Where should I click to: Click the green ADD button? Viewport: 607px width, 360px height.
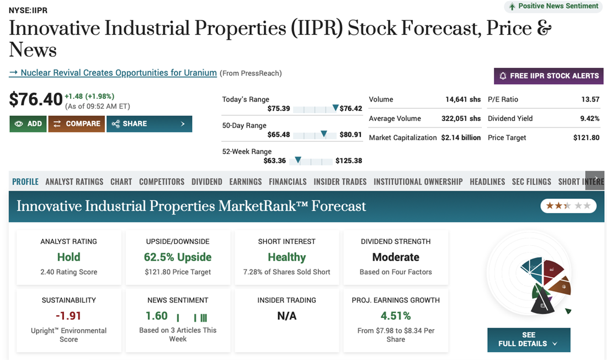(x=28, y=124)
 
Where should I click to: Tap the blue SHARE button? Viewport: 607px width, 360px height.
(x=149, y=124)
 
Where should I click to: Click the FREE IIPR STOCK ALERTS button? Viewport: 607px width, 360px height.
(x=549, y=76)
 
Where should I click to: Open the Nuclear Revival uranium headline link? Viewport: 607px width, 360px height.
(x=113, y=73)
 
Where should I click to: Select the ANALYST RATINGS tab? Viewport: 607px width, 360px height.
(x=74, y=182)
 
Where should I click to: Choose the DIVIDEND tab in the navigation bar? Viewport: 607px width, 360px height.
(x=207, y=182)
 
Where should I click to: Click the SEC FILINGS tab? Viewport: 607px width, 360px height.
(x=531, y=182)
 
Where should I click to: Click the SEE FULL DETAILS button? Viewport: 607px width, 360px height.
(x=529, y=340)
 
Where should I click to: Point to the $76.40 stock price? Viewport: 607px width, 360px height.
(x=36, y=99)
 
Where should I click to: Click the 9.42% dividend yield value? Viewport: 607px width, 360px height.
(x=590, y=119)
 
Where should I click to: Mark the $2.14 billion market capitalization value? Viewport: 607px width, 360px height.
(x=461, y=137)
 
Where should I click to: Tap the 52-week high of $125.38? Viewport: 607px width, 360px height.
(x=349, y=161)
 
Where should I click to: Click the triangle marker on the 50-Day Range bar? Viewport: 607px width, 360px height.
(x=324, y=134)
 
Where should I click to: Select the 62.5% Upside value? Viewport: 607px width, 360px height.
(x=178, y=257)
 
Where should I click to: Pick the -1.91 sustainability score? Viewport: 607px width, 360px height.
(x=68, y=316)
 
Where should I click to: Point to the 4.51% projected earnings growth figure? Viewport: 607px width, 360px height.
(x=396, y=316)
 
